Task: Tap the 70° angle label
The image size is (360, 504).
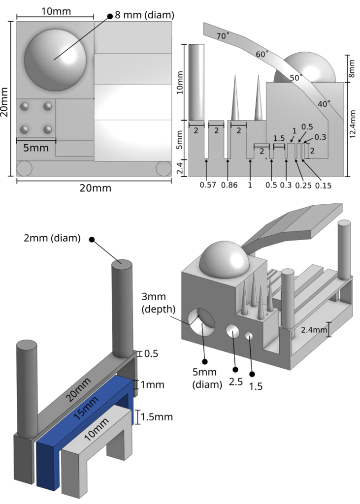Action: (x=223, y=35)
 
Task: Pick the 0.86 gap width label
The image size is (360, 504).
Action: (x=229, y=185)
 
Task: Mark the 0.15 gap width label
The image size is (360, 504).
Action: (x=324, y=185)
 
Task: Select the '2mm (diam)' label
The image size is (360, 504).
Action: (x=52, y=239)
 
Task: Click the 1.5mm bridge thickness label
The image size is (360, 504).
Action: (x=157, y=417)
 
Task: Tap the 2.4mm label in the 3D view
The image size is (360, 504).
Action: (x=313, y=329)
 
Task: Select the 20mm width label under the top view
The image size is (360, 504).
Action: (x=96, y=188)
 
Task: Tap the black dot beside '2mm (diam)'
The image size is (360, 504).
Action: (x=91, y=240)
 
